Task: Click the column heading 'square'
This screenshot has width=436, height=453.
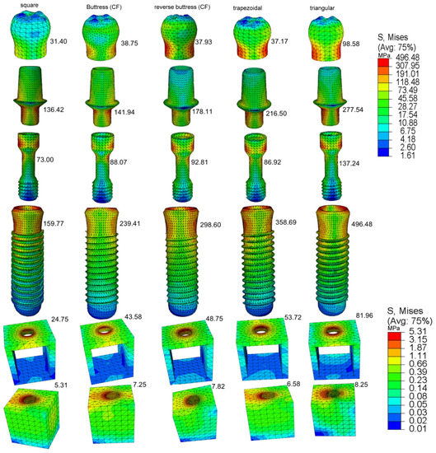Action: [x=29, y=5]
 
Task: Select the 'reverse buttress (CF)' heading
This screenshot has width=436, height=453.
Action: [x=182, y=7]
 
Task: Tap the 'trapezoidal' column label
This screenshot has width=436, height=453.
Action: [x=247, y=8]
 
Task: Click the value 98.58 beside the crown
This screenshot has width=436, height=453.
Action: [x=351, y=44]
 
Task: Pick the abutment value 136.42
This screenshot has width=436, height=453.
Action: [x=54, y=110]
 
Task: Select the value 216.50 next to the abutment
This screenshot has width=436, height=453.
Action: [x=276, y=114]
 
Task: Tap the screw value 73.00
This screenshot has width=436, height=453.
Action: [x=45, y=160]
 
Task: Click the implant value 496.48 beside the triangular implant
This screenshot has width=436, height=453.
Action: [x=362, y=224]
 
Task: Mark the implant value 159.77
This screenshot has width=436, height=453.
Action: [x=54, y=223]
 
